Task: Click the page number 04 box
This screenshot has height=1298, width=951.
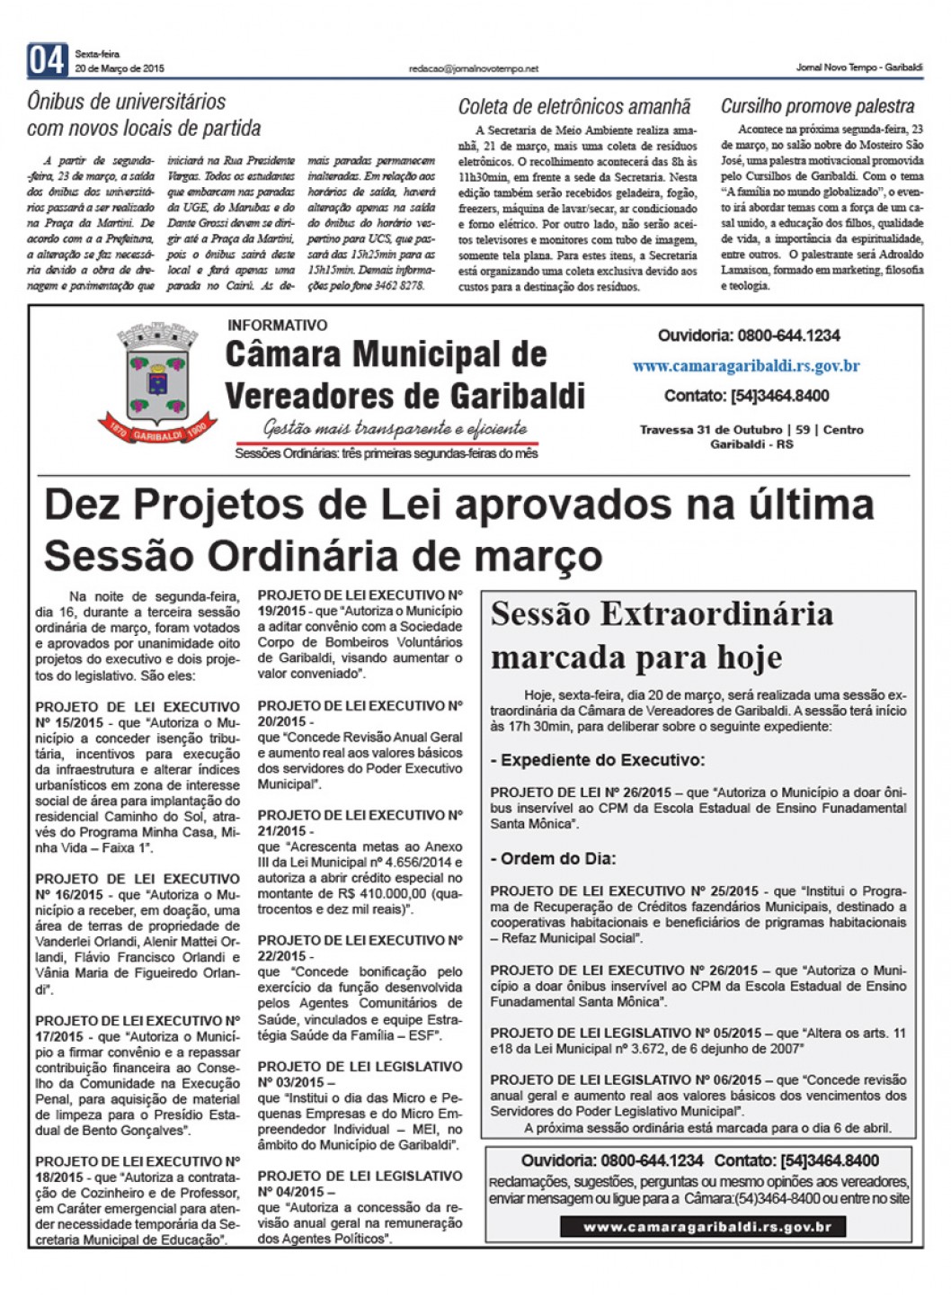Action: [x=47, y=60]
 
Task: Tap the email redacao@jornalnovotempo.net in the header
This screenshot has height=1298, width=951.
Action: [x=473, y=68]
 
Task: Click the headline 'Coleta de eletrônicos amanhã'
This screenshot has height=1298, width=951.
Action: [x=574, y=107]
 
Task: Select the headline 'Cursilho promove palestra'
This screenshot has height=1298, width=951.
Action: [x=817, y=106]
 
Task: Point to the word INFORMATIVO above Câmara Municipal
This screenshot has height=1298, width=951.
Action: [x=278, y=325]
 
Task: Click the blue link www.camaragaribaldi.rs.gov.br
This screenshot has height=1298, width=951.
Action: [x=745, y=366]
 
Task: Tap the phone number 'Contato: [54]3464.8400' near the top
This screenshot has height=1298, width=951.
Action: [x=746, y=396]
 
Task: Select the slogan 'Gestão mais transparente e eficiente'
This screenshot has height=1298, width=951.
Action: [x=395, y=428]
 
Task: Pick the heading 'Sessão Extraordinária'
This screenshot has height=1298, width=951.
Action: [x=662, y=614]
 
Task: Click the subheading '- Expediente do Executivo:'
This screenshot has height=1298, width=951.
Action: [x=598, y=760]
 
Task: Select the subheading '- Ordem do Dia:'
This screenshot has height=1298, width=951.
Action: [x=553, y=858]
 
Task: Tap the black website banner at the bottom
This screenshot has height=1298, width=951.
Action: [x=702, y=1227]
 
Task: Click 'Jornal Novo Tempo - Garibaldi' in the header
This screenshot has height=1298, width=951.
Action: [x=858, y=68]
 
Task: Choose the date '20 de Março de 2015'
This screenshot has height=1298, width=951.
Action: [x=120, y=68]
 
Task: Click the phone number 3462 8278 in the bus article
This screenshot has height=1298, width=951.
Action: [x=397, y=285]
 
